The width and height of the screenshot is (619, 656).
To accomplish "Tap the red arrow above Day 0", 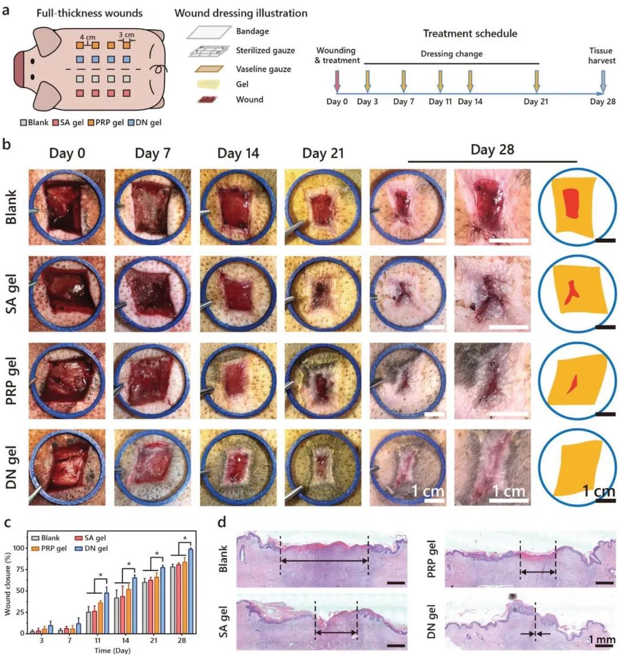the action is (337, 81).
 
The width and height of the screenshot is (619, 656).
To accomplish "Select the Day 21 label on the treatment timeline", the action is (536, 102).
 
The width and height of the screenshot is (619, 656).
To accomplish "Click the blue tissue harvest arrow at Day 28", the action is (603, 81).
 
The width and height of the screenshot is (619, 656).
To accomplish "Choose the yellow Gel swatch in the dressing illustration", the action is (208, 84).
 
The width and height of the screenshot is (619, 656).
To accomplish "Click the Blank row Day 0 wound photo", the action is (67, 207).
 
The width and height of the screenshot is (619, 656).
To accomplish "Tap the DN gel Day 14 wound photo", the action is (238, 467).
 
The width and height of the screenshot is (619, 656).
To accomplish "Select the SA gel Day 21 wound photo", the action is (323, 294).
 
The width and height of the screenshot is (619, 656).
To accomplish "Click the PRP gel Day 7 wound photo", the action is (152, 381).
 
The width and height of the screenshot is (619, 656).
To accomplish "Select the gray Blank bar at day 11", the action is (89, 623).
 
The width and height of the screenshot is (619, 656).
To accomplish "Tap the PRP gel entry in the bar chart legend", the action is (49, 548).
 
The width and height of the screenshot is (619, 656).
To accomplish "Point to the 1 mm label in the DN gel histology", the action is (602, 639).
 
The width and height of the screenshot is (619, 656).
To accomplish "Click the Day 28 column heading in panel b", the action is (492, 150).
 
